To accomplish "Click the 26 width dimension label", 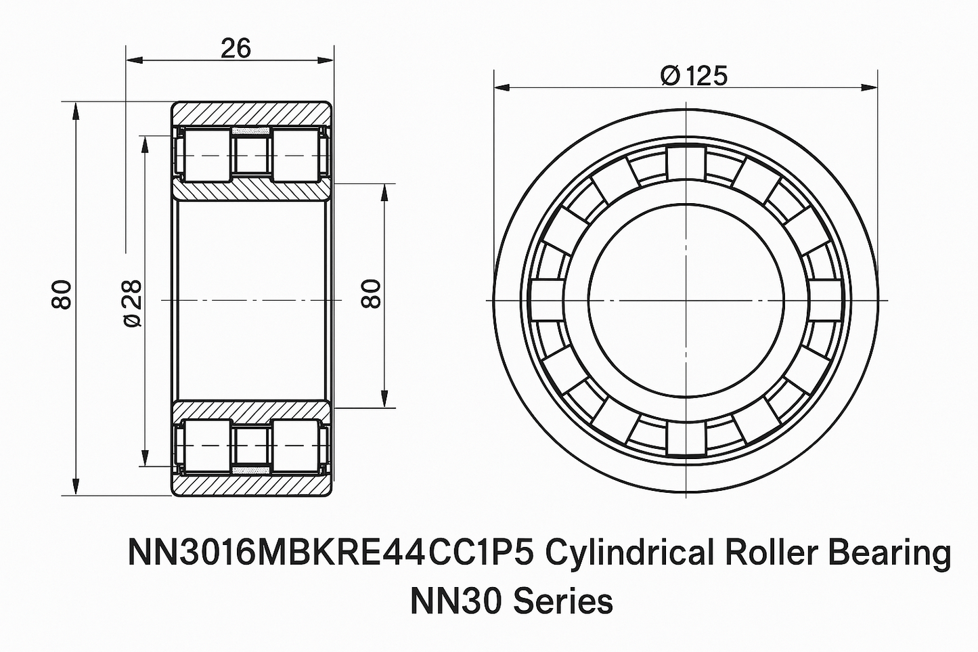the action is point(236,48).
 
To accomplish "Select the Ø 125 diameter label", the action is point(694,76).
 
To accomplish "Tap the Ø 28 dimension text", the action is point(132,303).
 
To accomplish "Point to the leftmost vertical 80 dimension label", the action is point(62,295).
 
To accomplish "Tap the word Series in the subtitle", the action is point(563,602).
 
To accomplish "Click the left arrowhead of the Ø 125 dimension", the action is point(502,88).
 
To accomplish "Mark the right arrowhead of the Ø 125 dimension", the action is point(870,88).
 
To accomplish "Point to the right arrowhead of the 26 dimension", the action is point(326,60).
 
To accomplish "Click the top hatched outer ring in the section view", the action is point(252,114).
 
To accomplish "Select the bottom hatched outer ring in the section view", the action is point(252,485).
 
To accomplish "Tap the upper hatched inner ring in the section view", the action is point(252,190).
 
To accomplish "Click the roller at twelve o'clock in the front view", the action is point(686,163).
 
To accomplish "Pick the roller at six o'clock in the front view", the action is point(686,438).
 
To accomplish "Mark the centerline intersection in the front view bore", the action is point(686,301).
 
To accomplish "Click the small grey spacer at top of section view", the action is point(251,131).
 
